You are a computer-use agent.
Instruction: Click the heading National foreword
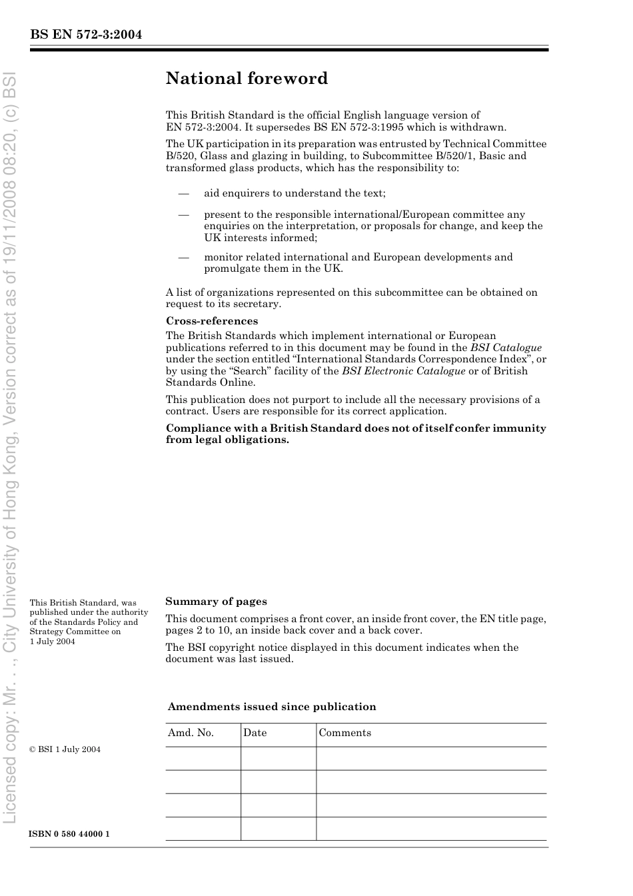247,79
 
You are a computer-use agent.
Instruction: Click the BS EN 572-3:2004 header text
86,35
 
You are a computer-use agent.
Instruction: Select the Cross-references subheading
212,321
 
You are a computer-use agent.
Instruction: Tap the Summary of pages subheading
216,602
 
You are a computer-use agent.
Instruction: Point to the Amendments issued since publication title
272,707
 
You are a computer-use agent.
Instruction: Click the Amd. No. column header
191,733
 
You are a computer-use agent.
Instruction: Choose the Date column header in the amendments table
255,733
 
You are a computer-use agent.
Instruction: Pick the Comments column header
344,733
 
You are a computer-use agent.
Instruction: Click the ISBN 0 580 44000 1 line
69,834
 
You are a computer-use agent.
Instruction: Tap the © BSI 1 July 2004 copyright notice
65,749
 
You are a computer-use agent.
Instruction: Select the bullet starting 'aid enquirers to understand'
295,193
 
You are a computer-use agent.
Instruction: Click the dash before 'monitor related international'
183,257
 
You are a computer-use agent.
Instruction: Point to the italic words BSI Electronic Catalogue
403,371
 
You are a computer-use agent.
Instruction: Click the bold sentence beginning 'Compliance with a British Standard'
356,434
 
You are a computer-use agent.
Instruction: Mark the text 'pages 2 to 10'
199,630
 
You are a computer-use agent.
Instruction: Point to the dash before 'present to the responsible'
183,215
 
